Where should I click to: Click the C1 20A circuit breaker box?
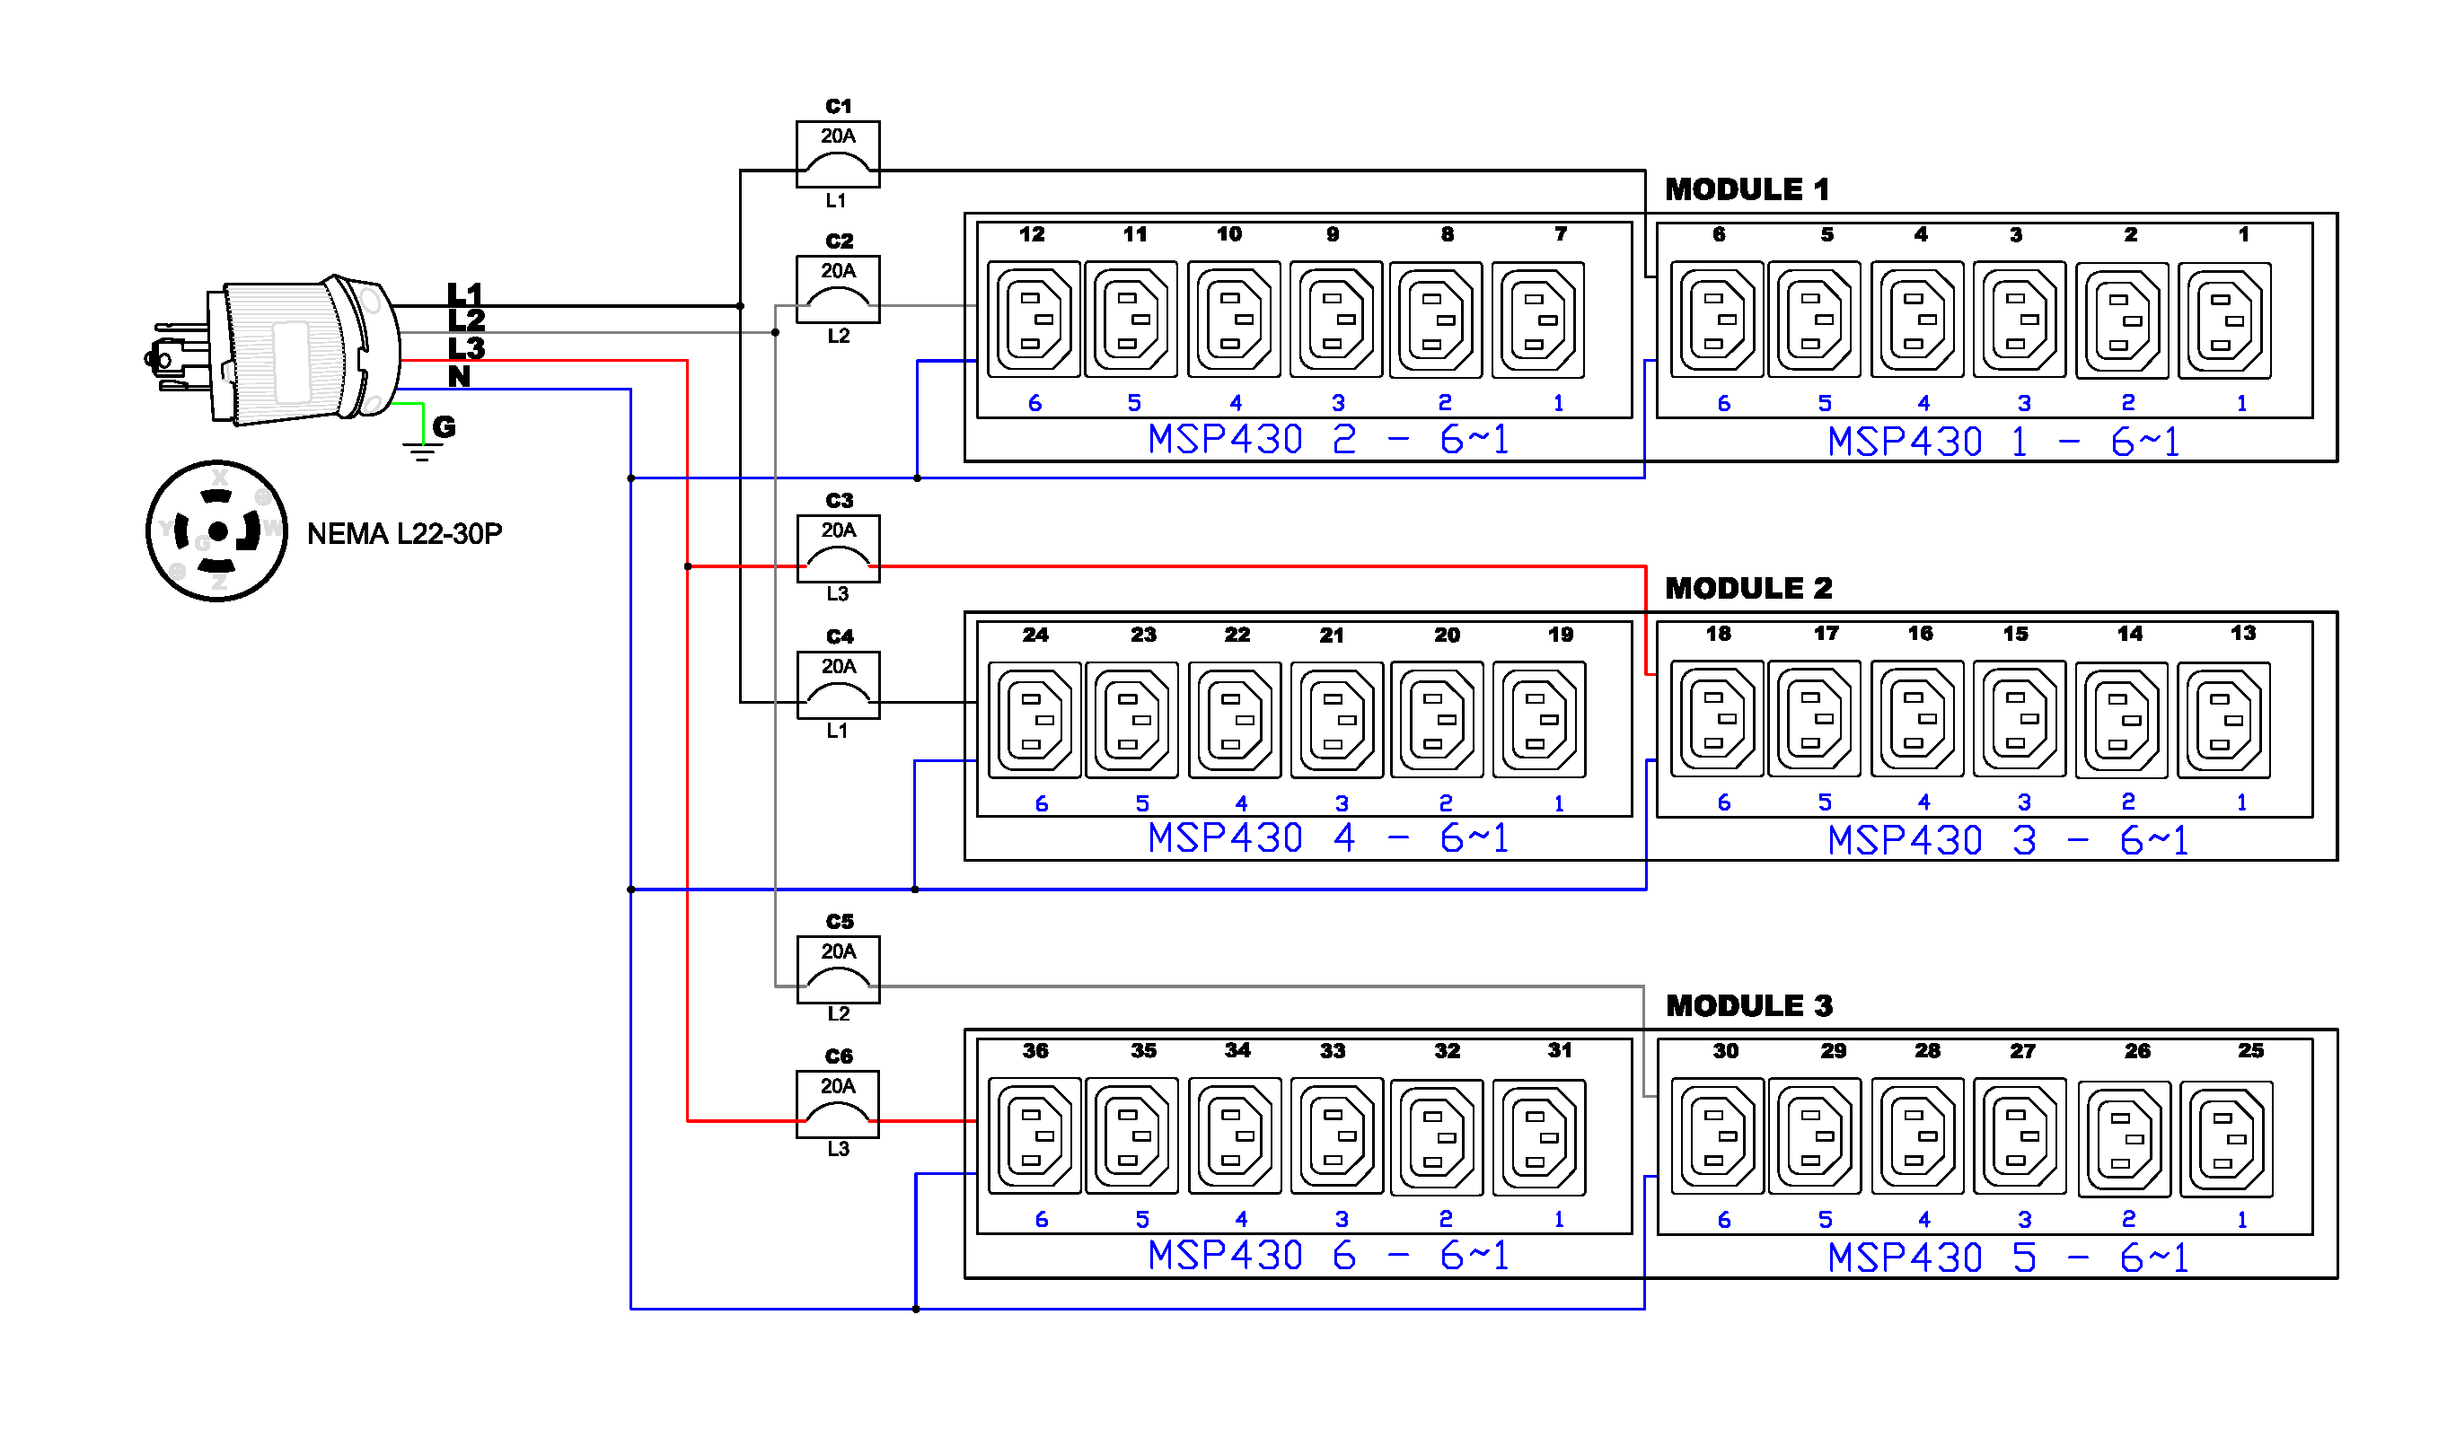pos(837,153)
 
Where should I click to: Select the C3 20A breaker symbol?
pos(838,548)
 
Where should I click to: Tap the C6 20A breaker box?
pos(837,1103)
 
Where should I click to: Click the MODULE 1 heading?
pos(1746,189)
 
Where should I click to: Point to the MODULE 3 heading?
pos(1747,1005)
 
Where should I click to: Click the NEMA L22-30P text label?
pos(404,533)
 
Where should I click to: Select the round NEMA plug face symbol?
pos(216,530)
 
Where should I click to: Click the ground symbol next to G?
pos(422,451)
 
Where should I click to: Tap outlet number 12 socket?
pos(1033,319)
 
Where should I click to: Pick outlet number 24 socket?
pos(1034,720)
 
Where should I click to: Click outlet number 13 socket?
pos(2223,720)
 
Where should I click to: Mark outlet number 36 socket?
pos(1034,1135)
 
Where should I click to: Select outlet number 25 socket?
pos(2224,1138)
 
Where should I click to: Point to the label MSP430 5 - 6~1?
pos(2007,1257)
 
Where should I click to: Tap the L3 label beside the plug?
pos(466,347)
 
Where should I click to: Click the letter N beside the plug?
pos(459,375)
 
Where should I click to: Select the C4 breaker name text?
pos(839,636)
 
